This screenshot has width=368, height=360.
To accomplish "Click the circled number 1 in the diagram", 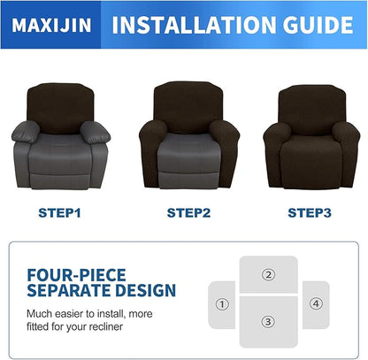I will [221, 304].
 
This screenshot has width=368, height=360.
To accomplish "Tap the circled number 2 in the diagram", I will [268, 274].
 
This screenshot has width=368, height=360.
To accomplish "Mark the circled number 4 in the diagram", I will [316, 304].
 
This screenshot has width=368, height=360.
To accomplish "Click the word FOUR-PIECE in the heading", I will [77, 274].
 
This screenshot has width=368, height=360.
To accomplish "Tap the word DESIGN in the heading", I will [149, 290].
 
